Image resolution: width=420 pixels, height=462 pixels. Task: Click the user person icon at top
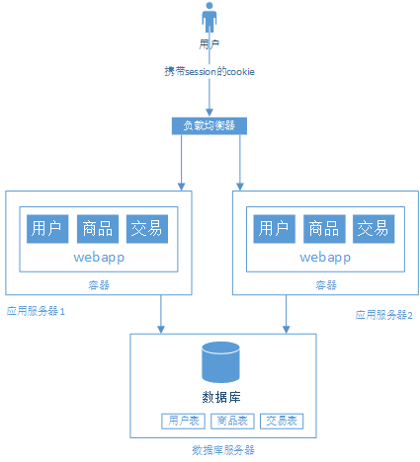(210, 19)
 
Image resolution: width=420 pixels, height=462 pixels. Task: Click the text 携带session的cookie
(210, 72)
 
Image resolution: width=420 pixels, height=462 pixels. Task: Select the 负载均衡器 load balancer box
(209, 125)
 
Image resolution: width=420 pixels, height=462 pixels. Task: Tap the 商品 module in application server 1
(97, 228)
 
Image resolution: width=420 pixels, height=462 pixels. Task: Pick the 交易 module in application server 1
(146, 228)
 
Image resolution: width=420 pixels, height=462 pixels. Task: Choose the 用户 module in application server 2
(274, 228)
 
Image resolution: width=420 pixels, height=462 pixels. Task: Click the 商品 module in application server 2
(323, 228)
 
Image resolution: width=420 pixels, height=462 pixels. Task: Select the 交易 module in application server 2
(373, 228)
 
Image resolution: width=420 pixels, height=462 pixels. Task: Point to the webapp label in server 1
(97, 257)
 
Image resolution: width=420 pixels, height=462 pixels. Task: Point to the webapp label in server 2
(324, 257)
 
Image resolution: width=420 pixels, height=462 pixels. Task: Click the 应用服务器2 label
(383, 314)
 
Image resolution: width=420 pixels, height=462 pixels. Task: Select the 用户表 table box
(182, 422)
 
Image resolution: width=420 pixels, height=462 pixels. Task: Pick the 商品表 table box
(232, 422)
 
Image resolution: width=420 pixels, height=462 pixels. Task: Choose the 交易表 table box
(283, 422)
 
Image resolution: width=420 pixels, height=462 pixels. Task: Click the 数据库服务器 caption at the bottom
(222, 449)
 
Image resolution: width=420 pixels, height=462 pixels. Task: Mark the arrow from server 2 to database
(288, 315)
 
